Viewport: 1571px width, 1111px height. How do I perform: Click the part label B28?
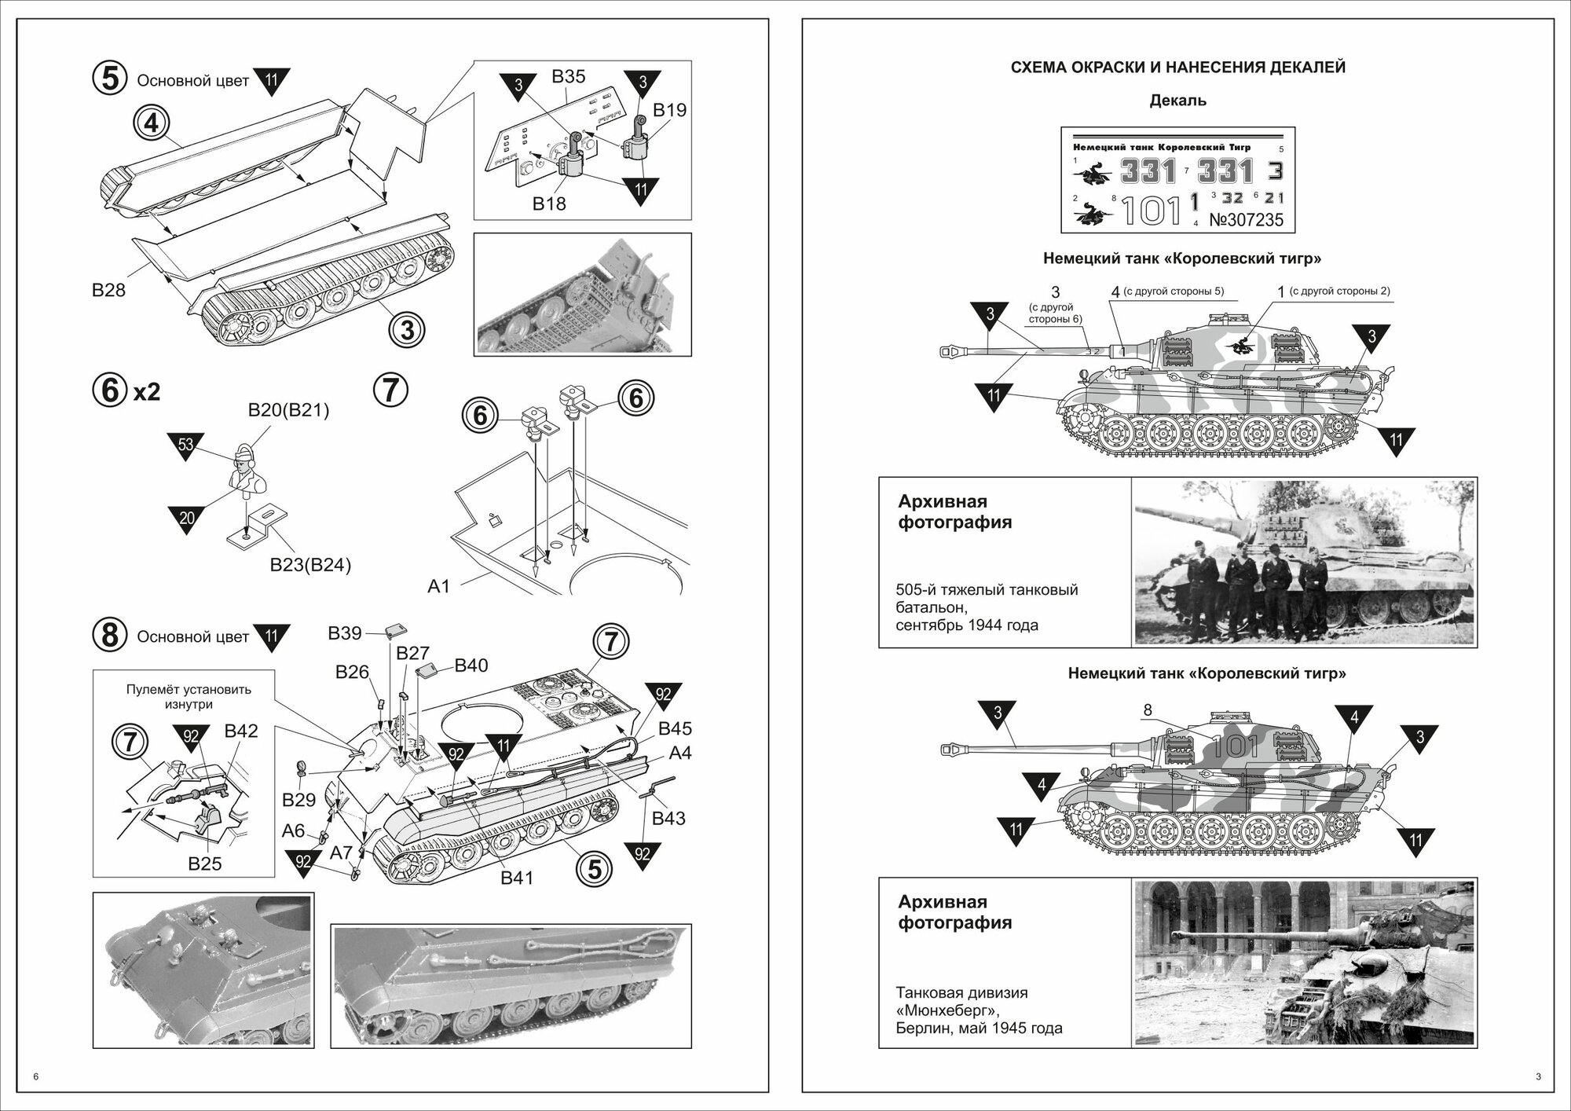coord(108,290)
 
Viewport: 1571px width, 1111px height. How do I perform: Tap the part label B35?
coord(568,77)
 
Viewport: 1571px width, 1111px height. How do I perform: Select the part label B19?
coord(669,110)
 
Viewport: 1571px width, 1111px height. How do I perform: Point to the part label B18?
coord(549,203)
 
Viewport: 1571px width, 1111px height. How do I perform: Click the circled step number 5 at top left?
coord(110,79)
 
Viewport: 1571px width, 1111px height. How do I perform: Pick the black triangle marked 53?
coord(185,445)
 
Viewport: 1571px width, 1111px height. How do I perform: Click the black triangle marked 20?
coord(186,519)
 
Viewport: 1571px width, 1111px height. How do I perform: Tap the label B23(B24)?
coord(310,565)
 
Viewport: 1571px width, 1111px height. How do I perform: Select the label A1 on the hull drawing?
coord(438,585)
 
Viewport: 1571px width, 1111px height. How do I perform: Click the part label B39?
coord(345,633)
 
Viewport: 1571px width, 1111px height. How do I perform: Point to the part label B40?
coord(471,665)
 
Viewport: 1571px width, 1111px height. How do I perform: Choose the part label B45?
coord(675,728)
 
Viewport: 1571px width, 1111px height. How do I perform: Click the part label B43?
coord(668,818)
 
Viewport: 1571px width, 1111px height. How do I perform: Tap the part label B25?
coord(205,863)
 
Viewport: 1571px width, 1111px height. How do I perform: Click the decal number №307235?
coord(1246,220)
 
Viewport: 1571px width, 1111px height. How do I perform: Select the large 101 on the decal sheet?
coord(1151,210)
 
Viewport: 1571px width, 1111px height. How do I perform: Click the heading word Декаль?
coord(1177,101)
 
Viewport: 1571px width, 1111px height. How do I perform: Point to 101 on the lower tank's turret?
coord(1235,746)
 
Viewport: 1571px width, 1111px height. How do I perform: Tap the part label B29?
coord(298,800)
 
